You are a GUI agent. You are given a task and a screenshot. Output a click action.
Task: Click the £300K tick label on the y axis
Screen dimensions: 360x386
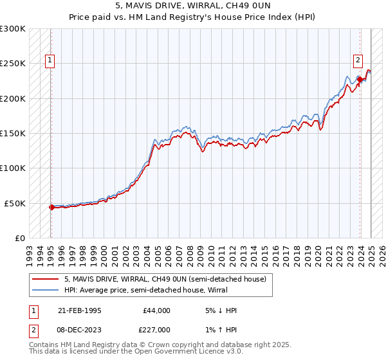13,29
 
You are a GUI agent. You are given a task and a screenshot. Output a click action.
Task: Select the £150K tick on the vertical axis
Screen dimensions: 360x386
13,134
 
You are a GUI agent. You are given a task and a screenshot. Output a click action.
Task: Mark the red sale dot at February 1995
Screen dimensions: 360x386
51,207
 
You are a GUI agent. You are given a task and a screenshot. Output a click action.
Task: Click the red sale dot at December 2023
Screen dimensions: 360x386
360,80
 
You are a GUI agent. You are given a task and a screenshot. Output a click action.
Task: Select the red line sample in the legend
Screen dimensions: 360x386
45,278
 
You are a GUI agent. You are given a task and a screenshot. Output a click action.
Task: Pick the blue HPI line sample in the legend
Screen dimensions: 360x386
45,290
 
